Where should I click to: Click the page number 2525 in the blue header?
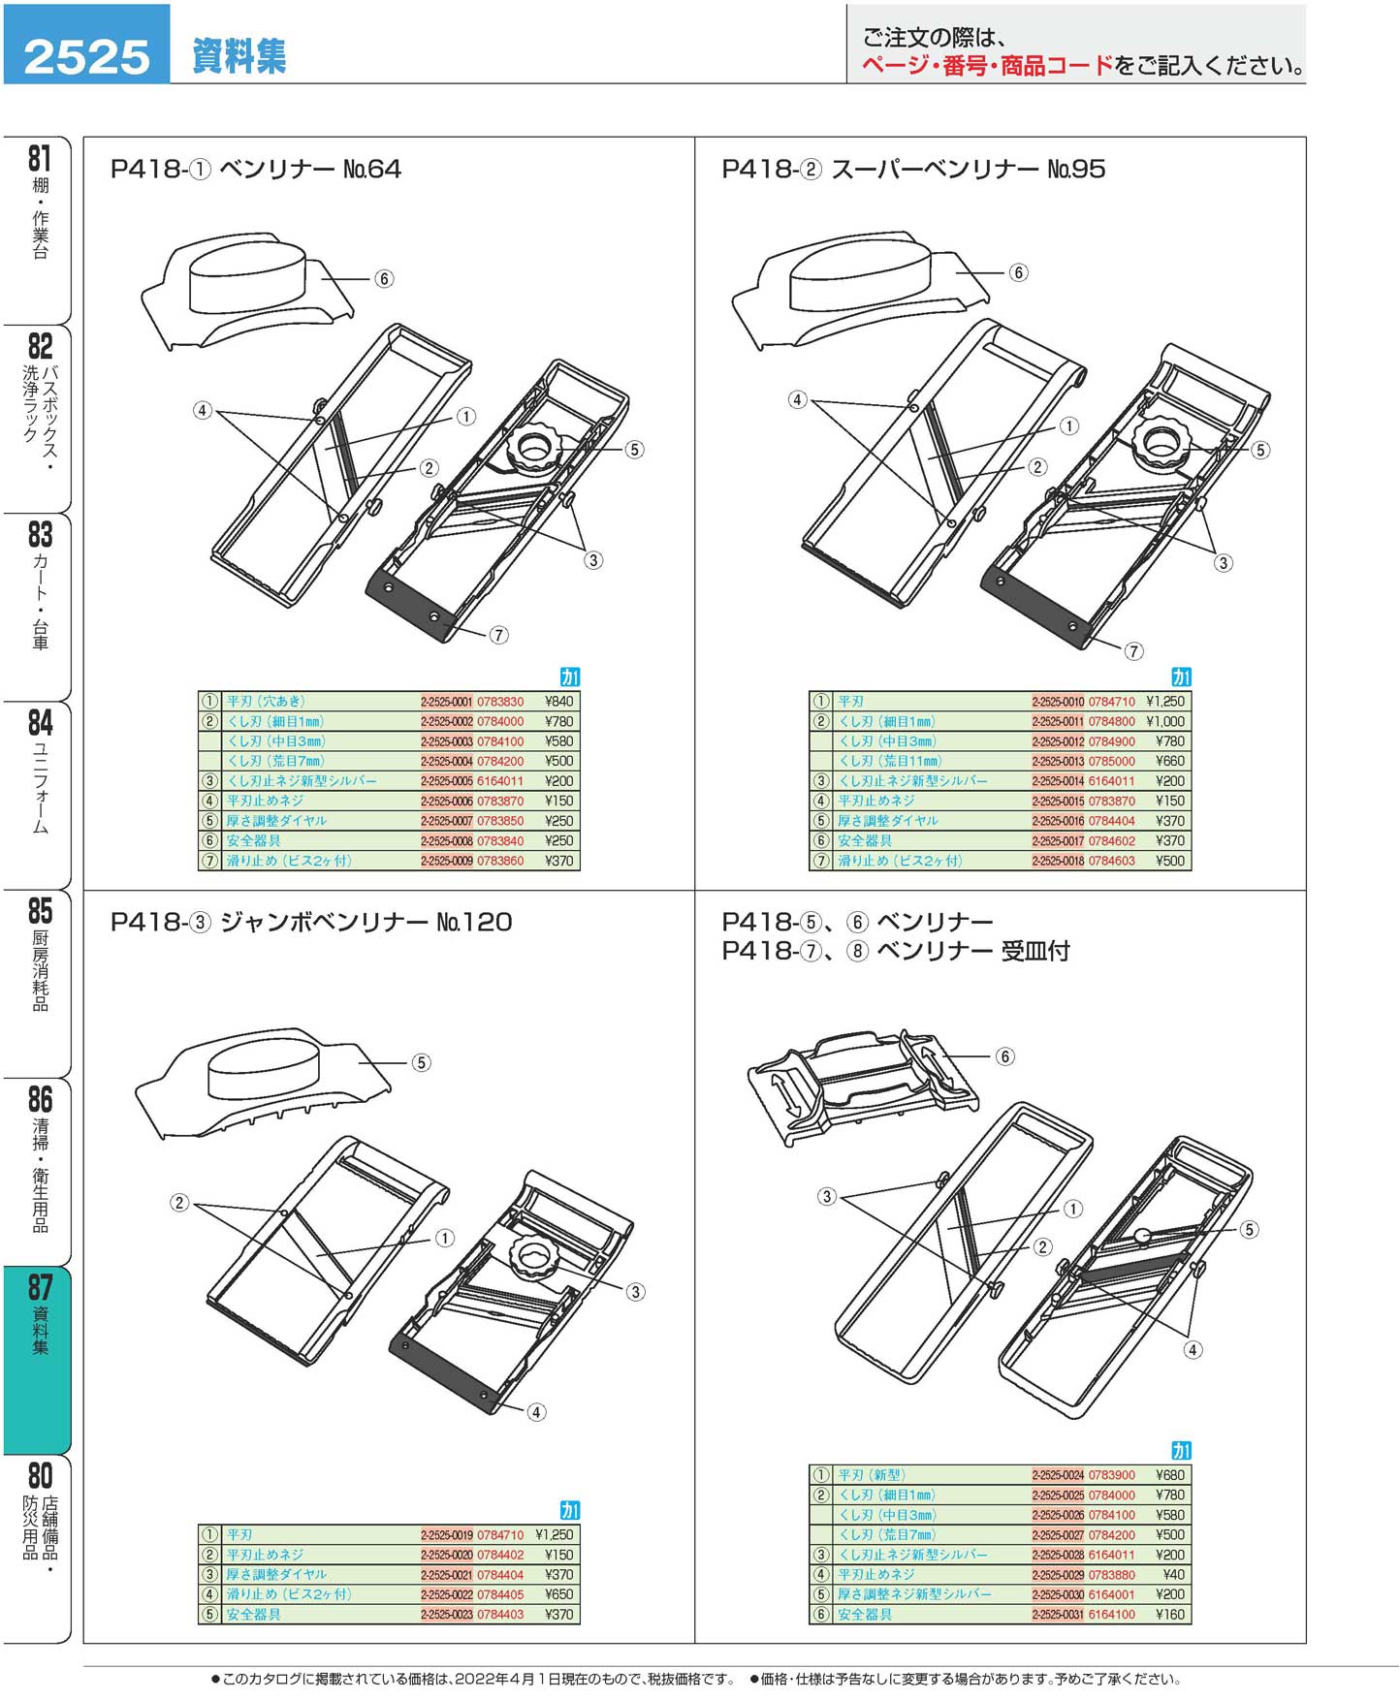pos(86,56)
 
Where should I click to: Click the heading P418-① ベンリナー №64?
pos(256,169)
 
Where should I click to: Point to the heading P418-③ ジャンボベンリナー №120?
pos(311,921)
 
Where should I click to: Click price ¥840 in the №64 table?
pos(558,702)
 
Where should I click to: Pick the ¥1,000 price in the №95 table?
pos(1164,721)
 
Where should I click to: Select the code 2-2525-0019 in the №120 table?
pos(446,1535)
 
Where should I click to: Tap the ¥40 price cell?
pos(1174,1575)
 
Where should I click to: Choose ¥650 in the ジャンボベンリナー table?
pos(558,1594)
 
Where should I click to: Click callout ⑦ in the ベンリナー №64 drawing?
pos(498,635)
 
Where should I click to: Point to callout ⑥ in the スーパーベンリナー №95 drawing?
pos(1018,272)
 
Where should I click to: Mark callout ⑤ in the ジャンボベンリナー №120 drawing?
pos(421,1062)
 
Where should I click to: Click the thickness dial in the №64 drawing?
pos(534,449)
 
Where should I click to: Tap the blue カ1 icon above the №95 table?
pos(1181,677)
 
